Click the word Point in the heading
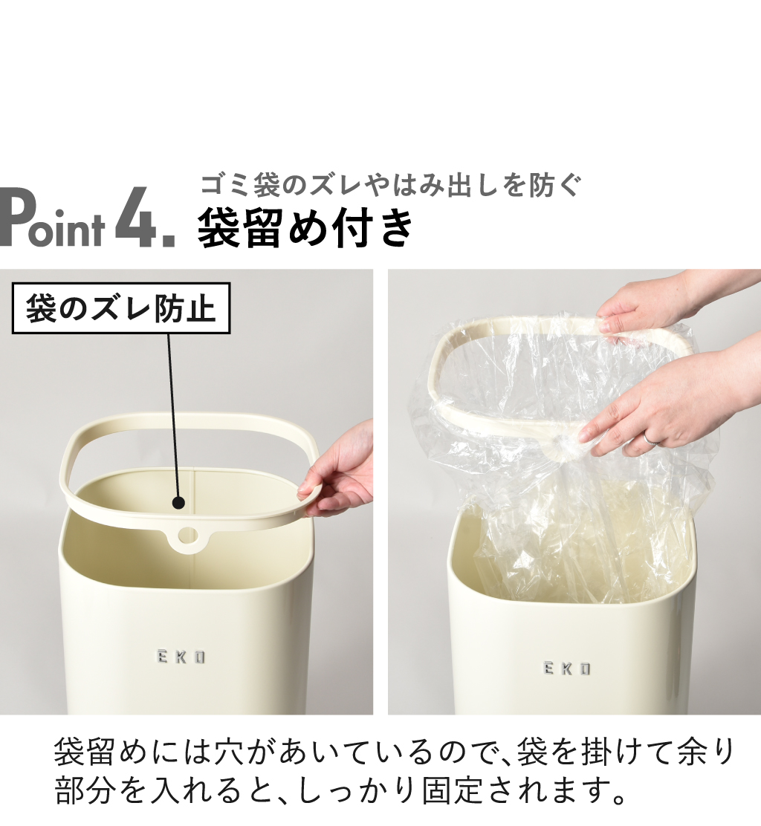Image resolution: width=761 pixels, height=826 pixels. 52,218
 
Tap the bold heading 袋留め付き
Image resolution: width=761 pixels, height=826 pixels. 305,228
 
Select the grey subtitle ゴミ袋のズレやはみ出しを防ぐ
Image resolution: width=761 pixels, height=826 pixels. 390,185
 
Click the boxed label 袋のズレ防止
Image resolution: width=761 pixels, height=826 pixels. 120,309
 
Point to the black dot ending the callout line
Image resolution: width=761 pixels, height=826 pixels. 178,503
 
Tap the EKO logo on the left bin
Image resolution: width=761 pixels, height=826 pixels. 181,657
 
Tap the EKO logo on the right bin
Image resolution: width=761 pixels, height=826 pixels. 567,669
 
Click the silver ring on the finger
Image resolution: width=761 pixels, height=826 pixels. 650,438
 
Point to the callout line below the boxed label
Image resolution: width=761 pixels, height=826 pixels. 173,415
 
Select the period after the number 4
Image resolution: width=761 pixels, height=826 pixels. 169,241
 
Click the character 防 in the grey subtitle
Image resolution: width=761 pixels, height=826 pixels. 543,185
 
